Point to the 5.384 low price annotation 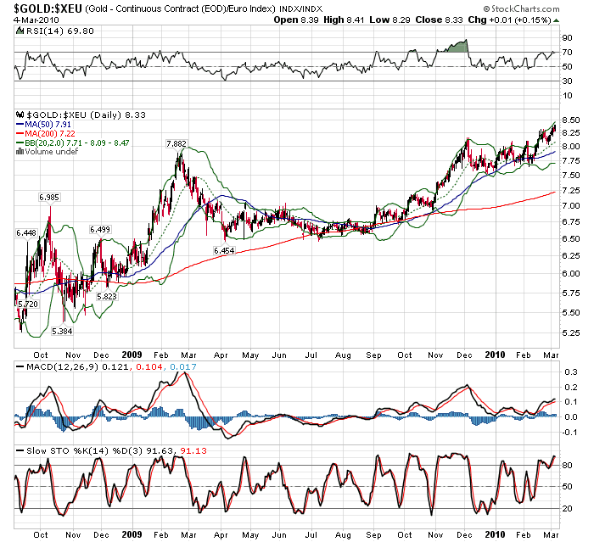(x=62, y=331)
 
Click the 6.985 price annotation (x=49, y=198)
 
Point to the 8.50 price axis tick (x=569, y=120)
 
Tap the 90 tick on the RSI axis (x=566, y=39)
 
